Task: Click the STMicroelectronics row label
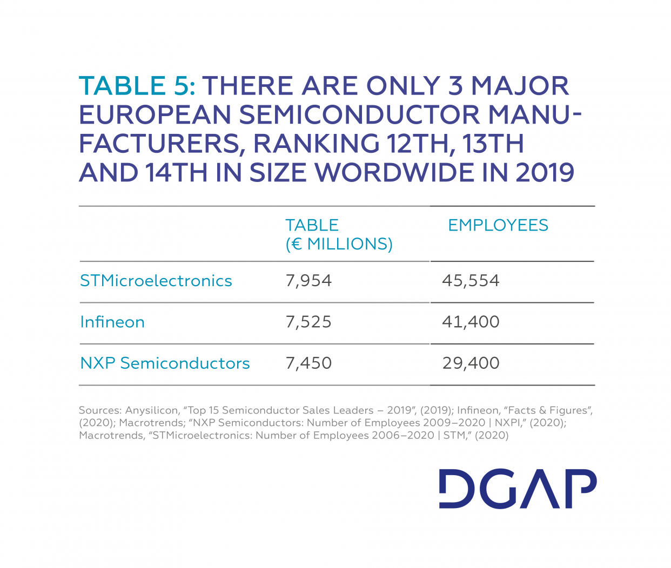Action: click(x=156, y=281)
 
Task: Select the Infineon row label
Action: click(x=112, y=322)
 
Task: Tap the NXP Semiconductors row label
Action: click(x=165, y=363)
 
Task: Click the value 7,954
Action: click(x=308, y=281)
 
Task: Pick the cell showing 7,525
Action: click(x=308, y=322)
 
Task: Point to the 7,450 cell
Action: click(x=308, y=363)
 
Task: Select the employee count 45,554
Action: click(x=471, y=281)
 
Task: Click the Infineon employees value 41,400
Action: click(x=471, y=322)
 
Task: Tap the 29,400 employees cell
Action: click(x=471, y=363)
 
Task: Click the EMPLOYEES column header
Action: click(x=498, y=225)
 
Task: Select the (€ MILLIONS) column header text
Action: click(x=339, y=244)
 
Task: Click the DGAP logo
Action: click(x=518, y=489)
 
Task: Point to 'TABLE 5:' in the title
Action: click(x=137, y=86)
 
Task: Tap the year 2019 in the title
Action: click(x=545, y=173)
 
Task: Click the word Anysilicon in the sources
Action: click(x=151, y=410)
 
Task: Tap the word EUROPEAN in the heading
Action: click(x=155, y=115)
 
